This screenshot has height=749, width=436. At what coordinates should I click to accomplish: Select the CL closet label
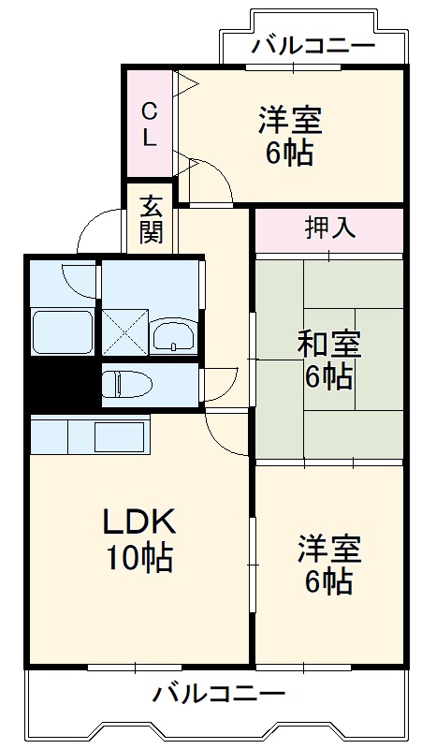(150, 125)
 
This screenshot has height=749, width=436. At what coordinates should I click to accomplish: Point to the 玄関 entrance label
(152, 218)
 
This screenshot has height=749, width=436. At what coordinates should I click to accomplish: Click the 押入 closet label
(329, 228)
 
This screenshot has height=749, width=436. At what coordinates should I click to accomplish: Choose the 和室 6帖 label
(327, 360)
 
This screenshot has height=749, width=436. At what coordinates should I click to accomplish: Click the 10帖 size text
(138, 559)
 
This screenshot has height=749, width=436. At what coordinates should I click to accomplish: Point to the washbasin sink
(172, 335)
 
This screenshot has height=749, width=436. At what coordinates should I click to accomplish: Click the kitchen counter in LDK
(90, 435)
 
